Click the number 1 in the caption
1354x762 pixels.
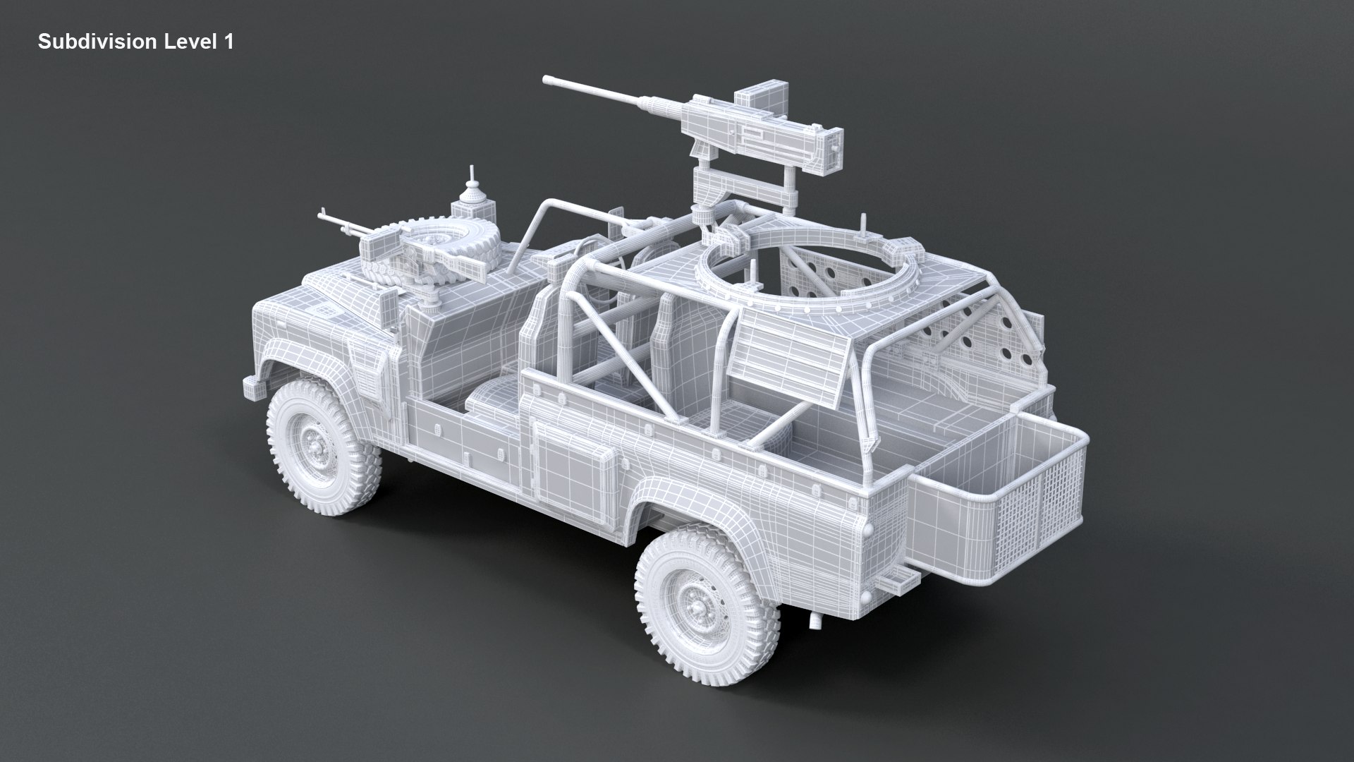(x=228, y=42)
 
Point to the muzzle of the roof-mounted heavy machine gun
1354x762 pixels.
(x=546, y=83)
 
